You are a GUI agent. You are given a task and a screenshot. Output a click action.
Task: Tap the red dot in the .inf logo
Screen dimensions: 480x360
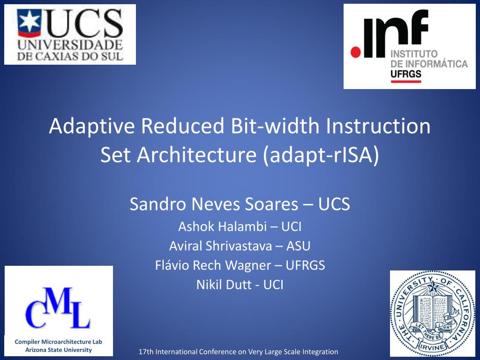(x=356, y=52)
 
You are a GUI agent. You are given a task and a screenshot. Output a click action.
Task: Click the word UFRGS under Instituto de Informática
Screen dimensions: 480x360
(x=406, y=74)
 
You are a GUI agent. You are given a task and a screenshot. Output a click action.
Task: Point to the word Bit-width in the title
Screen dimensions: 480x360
(x=275, y=126)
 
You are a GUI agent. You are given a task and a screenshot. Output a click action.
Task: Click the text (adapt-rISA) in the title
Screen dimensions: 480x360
(x=321, y=155)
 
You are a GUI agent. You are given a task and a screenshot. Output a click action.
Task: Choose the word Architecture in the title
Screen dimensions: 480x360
(x=196, y=155)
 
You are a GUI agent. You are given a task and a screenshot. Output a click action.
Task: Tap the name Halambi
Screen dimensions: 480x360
(x=242, y=227)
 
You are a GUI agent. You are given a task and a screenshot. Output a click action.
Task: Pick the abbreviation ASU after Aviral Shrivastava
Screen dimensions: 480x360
(x=298, y=246)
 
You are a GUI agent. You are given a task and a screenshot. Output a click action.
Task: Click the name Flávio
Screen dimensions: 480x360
(x=172, y=265)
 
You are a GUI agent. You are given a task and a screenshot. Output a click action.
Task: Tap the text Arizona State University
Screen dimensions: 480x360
(x=59, y=350)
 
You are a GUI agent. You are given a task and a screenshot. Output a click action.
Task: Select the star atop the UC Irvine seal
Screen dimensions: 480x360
(x=433, y=287)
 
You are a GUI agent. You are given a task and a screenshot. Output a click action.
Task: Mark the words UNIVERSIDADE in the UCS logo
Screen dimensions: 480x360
(x=70, y=45)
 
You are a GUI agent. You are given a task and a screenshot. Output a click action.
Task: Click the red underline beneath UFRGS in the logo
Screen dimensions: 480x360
(x=406, y=82)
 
